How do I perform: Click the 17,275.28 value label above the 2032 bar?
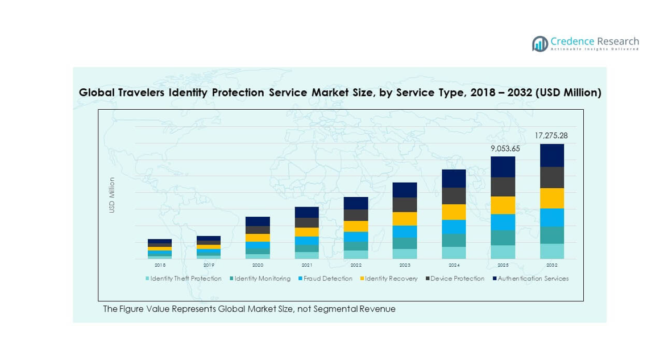(x=551, y=136)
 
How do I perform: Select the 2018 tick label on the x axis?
(x=160, y=265)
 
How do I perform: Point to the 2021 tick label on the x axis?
(x=306, y=265)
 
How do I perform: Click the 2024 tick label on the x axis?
(x=454, y=265)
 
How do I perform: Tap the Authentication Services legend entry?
(x=533, y=279)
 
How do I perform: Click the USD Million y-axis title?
(x=112, y=196)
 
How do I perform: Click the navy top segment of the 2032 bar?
(x=551, y=155)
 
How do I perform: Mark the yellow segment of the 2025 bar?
(x=503, y=205)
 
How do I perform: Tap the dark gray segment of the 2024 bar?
(x=454, y=196)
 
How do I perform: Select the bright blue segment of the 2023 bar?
(x=405, y=231)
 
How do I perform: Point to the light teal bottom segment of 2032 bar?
(x=551, y=251)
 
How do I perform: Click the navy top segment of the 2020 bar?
(x=258, y=221)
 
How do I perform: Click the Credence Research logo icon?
(x=540, y=44)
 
